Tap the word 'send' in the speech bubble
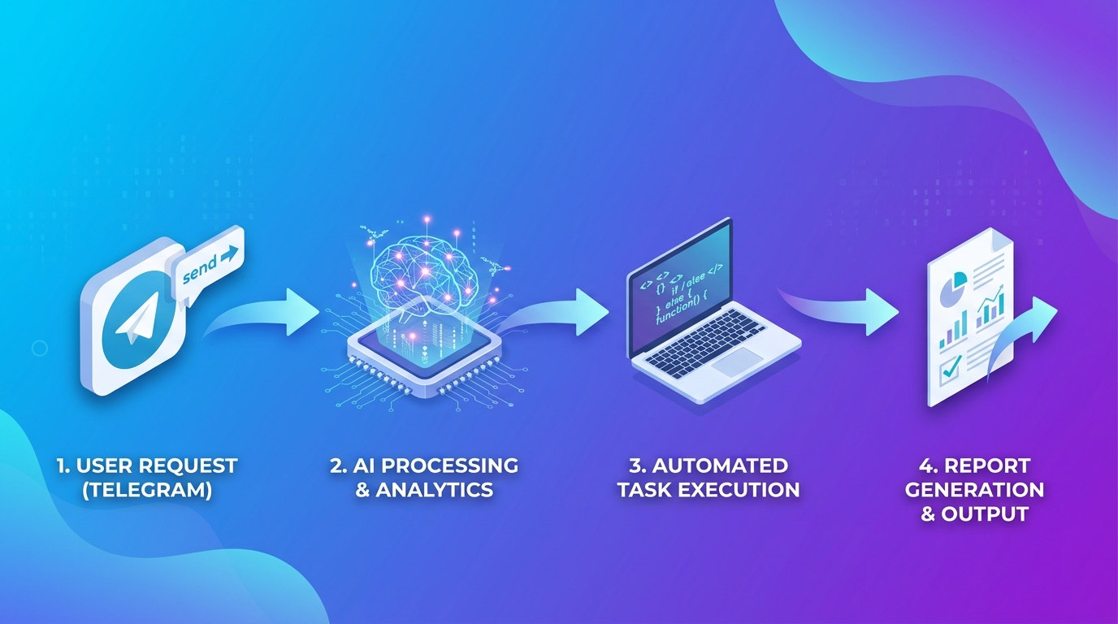pyautogui.click(x=201, y=267)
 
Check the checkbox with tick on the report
pyautogui.click(x=949, y=370)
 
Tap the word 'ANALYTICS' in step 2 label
pyautogui.click(x=435, y=491)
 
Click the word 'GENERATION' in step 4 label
pyautogui.click(x=974, y=491)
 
